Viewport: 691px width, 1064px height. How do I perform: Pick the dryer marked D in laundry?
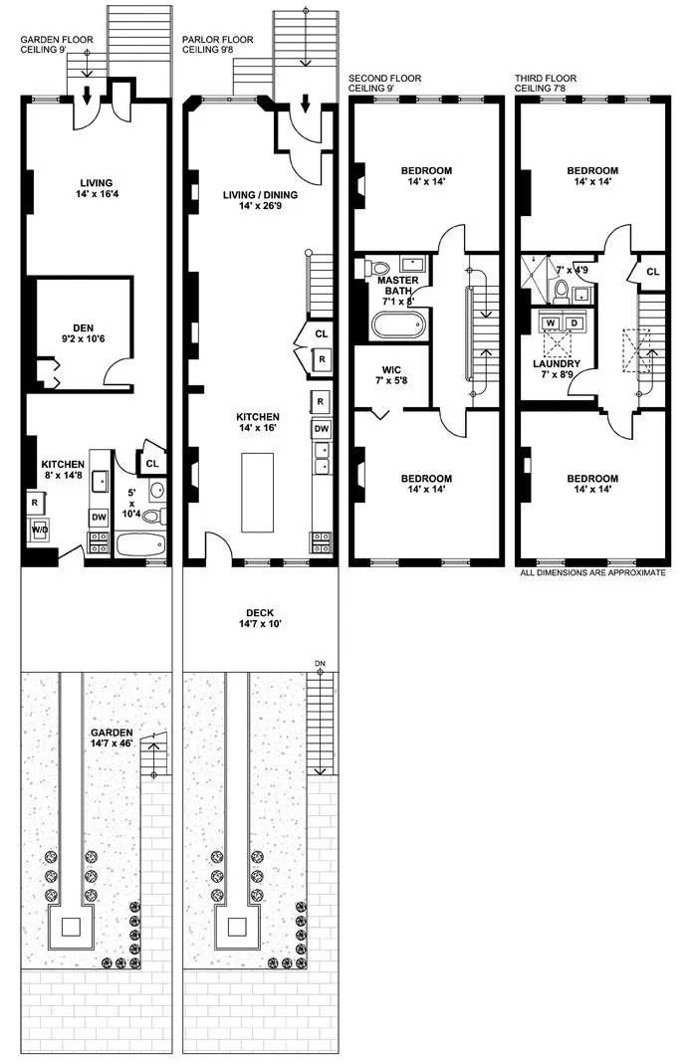[575, 322]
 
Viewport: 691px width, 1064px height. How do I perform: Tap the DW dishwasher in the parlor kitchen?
[322, 429]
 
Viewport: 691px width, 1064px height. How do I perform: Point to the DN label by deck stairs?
[320, 662]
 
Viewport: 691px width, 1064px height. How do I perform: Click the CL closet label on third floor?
[653, 272]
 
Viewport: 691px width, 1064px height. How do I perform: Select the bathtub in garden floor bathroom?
[138, 544]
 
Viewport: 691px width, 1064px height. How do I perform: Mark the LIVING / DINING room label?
[261, 200]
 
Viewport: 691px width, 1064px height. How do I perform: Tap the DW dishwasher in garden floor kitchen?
[99, 518]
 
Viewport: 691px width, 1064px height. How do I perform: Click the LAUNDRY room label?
[557, 364]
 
